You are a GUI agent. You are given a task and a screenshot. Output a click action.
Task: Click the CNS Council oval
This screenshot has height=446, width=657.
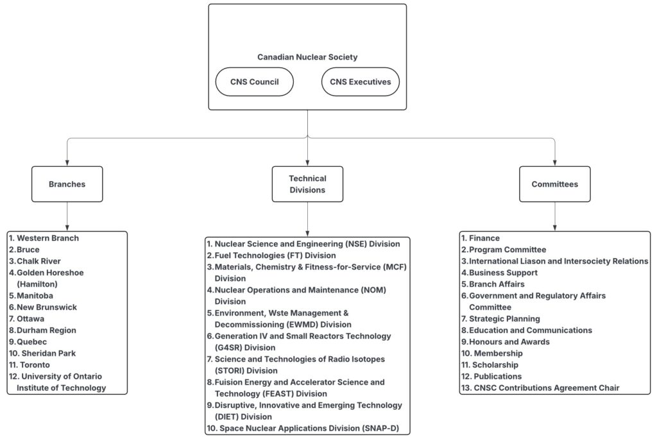point(254,81)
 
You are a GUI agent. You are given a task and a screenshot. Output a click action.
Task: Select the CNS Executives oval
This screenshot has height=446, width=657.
point(361,81)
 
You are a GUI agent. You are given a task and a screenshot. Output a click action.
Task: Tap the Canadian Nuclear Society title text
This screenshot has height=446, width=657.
point(307,57)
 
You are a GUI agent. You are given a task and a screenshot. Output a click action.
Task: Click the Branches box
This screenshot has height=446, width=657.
point(67,184)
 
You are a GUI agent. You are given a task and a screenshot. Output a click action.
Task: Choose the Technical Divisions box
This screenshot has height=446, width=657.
point(307,184)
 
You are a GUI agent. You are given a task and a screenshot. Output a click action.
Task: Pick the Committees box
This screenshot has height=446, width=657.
point(555,184)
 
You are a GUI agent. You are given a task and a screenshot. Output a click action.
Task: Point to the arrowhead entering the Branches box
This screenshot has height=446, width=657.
point(67,163)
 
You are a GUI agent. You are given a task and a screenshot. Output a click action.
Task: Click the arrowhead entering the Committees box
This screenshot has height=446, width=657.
point(555,163)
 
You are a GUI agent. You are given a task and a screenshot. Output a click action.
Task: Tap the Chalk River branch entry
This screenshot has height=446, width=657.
point(35,261)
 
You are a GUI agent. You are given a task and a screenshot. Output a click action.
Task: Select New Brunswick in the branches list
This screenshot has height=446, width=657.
point(43,307)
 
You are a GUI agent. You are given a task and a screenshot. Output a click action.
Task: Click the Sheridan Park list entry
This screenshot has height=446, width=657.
point(42,354)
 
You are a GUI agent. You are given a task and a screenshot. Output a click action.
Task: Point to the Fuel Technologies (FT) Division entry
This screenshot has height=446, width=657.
point(271,255)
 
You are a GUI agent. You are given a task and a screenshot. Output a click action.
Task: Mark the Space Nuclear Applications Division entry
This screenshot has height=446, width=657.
point(303,429)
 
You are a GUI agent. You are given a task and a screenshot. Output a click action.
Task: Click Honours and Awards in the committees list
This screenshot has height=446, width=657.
point(506,341)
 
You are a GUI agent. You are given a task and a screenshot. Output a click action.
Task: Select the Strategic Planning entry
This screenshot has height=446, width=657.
point(500,318)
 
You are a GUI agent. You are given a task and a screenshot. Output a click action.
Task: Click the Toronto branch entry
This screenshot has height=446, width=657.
point(30,365)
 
